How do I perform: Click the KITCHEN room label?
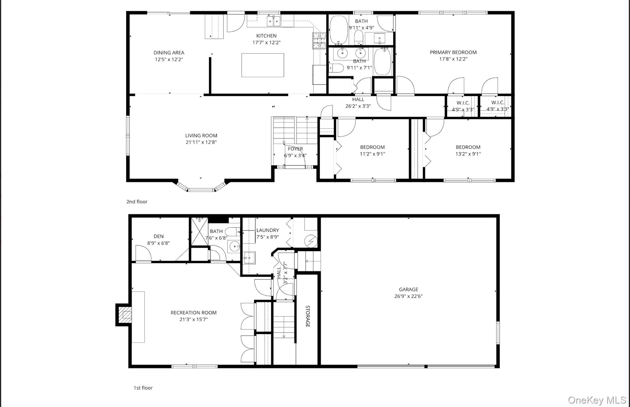pos(266,36)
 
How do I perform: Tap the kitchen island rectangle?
pos(262,65)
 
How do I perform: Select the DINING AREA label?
pos(169,53)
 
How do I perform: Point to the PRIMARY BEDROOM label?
pos(453,52)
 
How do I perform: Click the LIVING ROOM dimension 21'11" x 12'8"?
pos(201,142)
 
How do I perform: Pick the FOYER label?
pos(295,149)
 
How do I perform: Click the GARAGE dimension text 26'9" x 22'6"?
pos(409,296)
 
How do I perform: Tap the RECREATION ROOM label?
pos(193,313)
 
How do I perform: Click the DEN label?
pos(158,236)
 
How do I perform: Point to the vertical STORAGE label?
pos(307,316)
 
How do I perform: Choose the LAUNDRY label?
pos(268,230)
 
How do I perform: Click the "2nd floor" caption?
pos(137,202)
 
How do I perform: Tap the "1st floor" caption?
pos(143,388)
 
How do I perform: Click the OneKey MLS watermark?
pos(597,400)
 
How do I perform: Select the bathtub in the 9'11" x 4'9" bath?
pos(338,30)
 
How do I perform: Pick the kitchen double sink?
pos(273,21)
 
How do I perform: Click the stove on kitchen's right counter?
pos(319,41)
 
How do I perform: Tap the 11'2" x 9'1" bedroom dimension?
pos(372,154)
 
